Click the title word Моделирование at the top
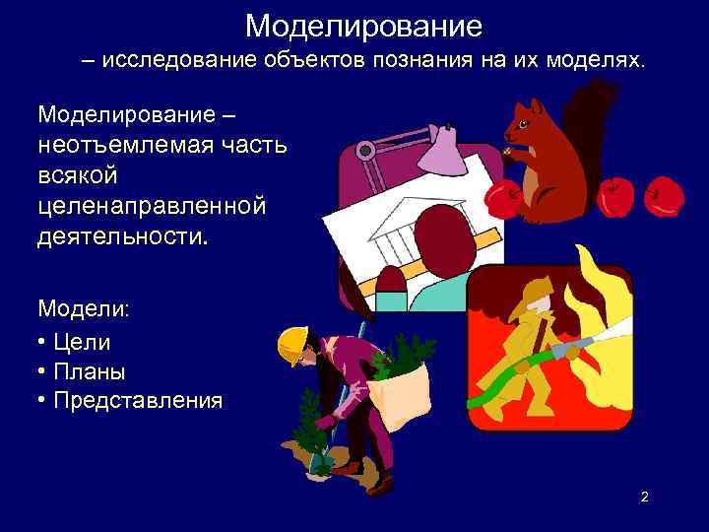[x=363, y=24]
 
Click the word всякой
[x=78, y=175]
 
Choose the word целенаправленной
[x=152, y=206]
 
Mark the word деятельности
[x=121, y=236]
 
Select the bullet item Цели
[x=83, y=343]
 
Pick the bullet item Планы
[x=90, y=371]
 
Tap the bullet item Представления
[x=138, y=401]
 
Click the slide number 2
[x=644, y=497]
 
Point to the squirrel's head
[x=524, y=123]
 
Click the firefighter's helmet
[x=538, y=291]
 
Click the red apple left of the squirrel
[x=504, y=200]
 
